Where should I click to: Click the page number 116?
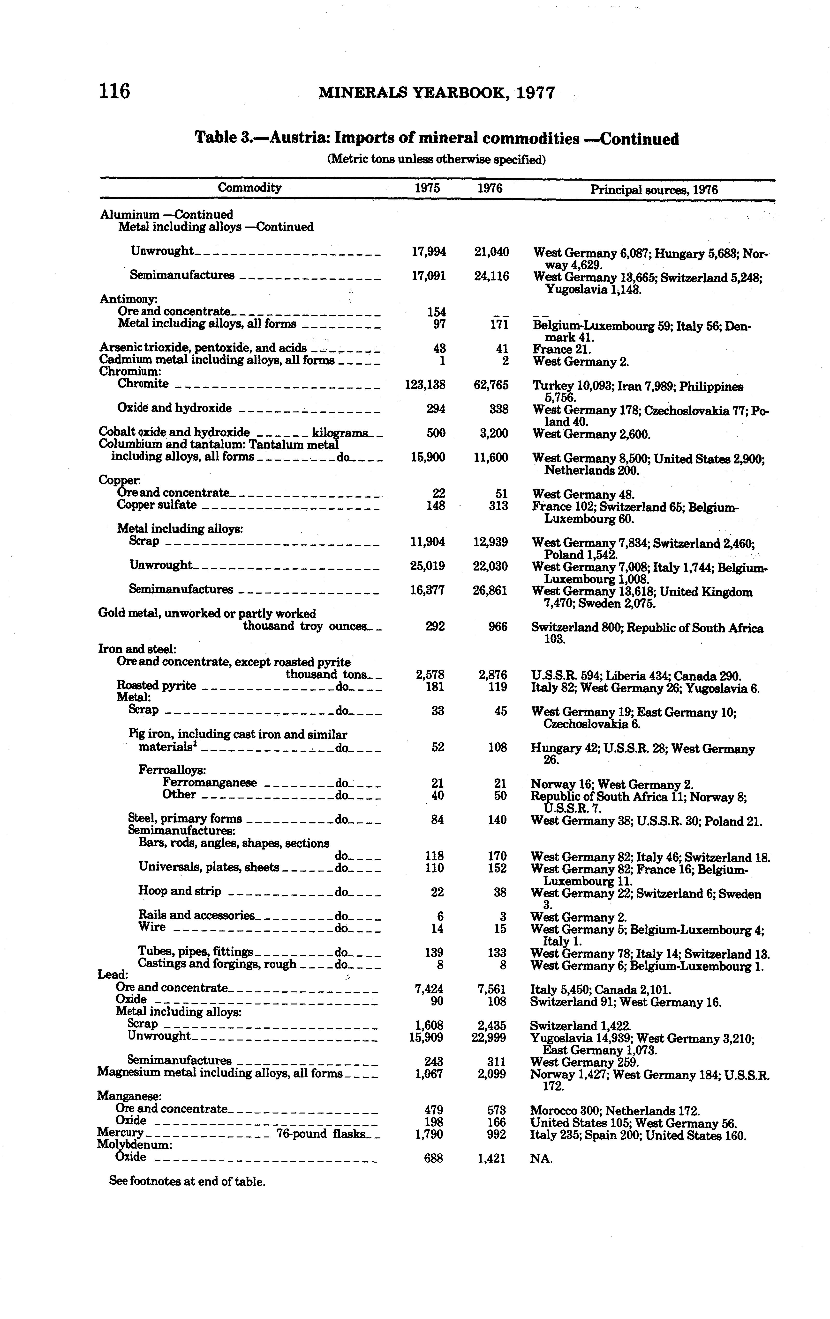pyautogui.click(x=114, y=90)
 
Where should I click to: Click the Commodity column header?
pyautogui.click(x=249, y=188)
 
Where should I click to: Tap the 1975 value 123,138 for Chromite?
pyautogui.click(x=425, y=385)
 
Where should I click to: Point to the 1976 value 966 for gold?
pyautogui.click(x=497, y=627)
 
